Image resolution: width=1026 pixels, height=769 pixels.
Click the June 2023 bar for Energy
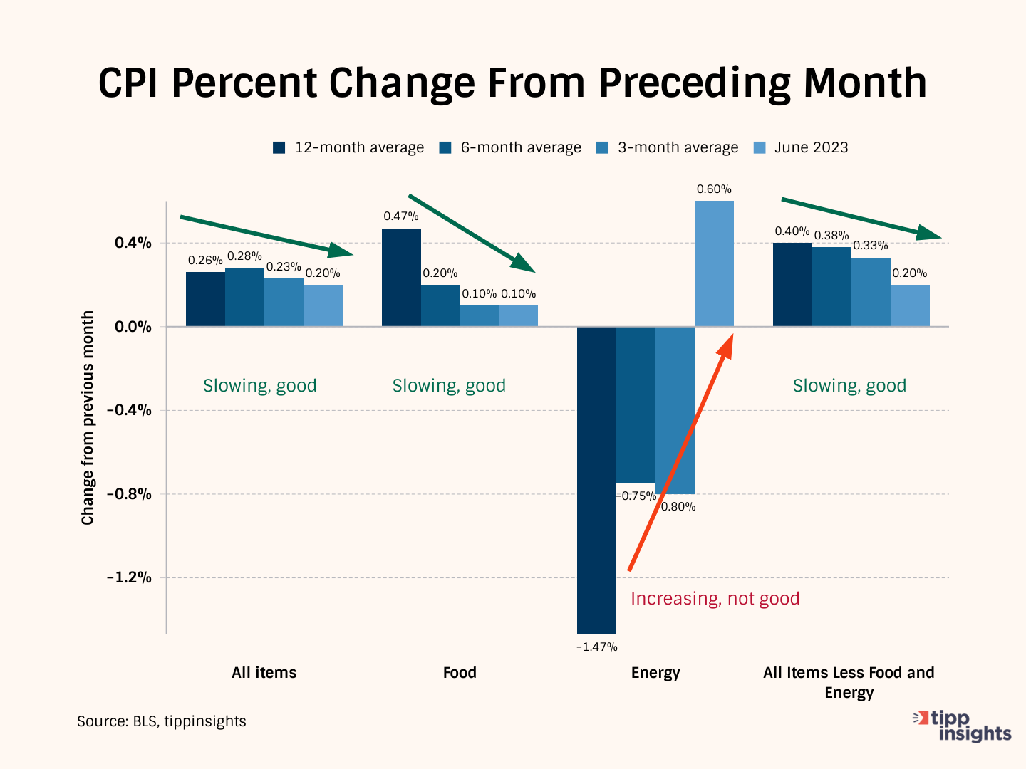[714, 263]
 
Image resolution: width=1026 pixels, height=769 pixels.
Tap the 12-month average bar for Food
[401, 278]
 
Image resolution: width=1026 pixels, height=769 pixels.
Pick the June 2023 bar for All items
[323, 305]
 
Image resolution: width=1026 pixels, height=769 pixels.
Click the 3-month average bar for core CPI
[871, 292]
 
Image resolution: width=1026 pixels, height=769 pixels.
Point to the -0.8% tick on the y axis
[129, 494]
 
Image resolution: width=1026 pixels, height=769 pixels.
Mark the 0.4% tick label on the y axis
[133, 243]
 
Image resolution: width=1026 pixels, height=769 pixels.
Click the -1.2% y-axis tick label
[129, 577]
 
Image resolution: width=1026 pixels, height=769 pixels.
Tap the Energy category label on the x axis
[655, 673]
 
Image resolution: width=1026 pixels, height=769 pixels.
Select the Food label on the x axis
[460, 673]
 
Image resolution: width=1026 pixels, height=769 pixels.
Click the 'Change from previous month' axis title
[88, 418]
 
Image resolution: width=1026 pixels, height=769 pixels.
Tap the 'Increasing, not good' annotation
[715, 599]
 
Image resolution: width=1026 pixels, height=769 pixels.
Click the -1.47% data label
[596, 647]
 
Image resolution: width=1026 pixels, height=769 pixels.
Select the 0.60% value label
[714, 189]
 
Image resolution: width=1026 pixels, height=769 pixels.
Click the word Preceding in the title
[695, 83]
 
